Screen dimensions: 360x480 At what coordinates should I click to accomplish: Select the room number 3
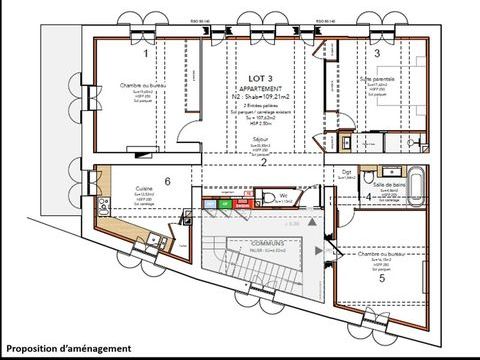(376, 55)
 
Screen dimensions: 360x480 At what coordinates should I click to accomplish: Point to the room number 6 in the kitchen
(167, 181)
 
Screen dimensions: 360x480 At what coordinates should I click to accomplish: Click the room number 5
(380, 278)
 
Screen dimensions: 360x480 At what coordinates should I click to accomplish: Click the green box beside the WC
(226, 205)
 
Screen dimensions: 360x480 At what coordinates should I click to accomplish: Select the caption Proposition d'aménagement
(68, 347)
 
